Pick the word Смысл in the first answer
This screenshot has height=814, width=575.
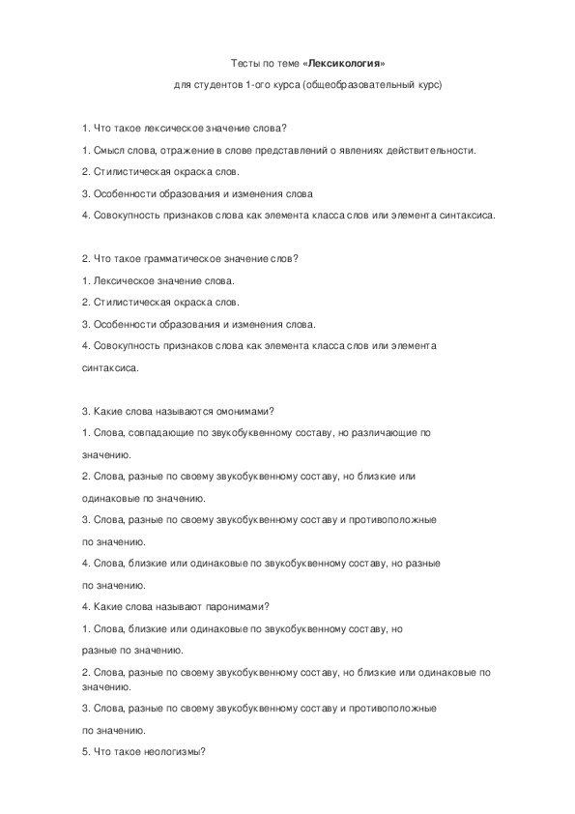pyautogui.click(x=107, y=150)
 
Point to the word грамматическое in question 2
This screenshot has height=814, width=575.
pyautogui.click(x=173, y=258)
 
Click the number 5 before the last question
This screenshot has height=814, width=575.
pyautogui.click(x=84, y=753)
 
